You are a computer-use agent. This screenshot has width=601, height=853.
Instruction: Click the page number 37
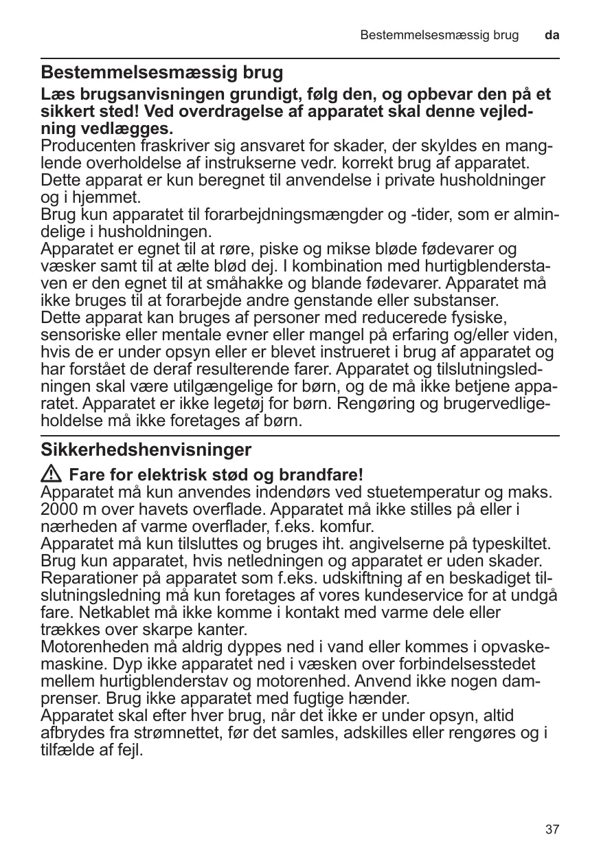pyautogui.click(x=552, y=830)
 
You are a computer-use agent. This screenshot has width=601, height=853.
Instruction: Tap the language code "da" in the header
pyautogui.click(x=552, y=34)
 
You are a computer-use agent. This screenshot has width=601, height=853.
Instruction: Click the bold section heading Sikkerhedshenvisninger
pyautogui.click(x=146, y=450)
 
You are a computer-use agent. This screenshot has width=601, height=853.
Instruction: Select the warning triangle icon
pyautogui.click(x=52, y=474)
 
